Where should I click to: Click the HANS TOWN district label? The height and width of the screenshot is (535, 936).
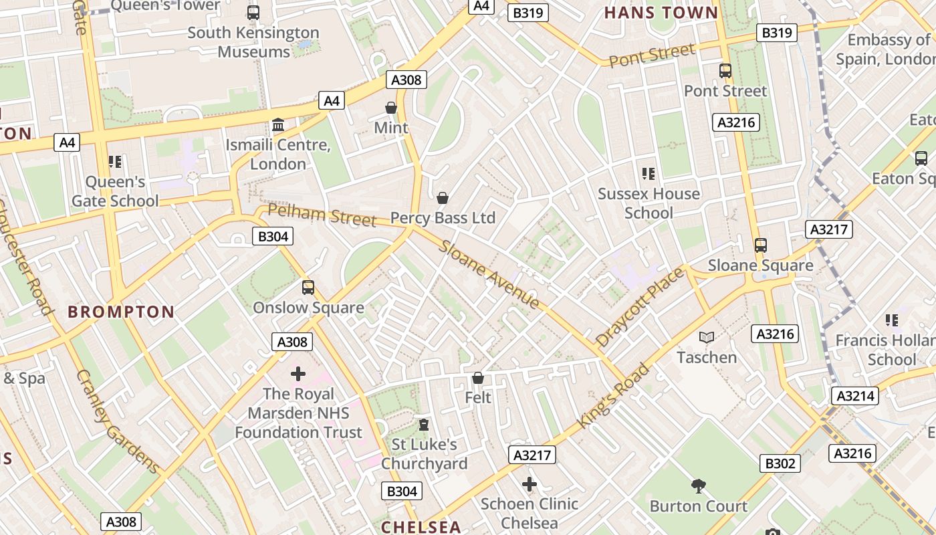[661, 13]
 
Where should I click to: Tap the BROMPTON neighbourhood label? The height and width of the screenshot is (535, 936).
[121, 312]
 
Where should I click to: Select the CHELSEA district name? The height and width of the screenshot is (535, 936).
[421, 526]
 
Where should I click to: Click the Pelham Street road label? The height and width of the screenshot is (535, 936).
[322, 215]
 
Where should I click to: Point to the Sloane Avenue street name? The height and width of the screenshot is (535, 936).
[489, 274]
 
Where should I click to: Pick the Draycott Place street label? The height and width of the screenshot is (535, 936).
[640, 306]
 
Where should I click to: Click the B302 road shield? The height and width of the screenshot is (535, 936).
[780, 463]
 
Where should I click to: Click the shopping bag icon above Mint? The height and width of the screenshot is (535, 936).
[391, 108]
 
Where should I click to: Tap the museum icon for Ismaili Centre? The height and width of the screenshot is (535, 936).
[277, 125]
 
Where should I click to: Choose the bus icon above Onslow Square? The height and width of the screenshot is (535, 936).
[308, 288]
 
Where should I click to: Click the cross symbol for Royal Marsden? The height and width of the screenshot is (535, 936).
[298, 373]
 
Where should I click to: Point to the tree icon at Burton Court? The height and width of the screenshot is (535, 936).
[699, 486]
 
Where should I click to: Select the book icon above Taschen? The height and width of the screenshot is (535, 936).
[707, 337]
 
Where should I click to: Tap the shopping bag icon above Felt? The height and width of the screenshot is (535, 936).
[477, 378]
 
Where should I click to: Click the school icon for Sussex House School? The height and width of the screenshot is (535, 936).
[648, 174]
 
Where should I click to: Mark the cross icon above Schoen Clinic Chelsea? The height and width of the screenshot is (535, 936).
[529, 484]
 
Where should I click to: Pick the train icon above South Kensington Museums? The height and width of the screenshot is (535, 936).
[253, 12]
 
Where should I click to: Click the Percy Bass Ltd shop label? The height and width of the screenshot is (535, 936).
[443, 218]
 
